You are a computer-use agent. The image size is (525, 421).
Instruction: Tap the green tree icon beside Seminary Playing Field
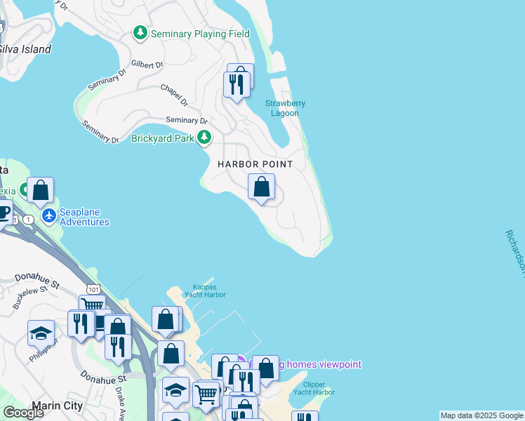tap(141, 33)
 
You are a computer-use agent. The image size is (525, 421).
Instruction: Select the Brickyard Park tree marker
tap(204, 138)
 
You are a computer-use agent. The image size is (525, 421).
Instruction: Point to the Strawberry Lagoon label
tap(285, 108)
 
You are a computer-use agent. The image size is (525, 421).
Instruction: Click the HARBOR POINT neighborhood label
tap(254, 163)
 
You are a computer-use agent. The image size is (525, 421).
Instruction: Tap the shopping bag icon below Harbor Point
tap(261, 187)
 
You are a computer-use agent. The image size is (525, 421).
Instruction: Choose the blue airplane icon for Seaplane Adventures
tap(49, 215)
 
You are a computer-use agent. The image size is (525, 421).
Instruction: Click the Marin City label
tap(58, 406)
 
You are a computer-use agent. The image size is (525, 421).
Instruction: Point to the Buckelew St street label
tap(29, 297)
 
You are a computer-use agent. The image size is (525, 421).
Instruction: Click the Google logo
tap(23, 413)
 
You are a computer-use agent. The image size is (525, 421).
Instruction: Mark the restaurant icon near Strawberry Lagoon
tap(236, 84)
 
